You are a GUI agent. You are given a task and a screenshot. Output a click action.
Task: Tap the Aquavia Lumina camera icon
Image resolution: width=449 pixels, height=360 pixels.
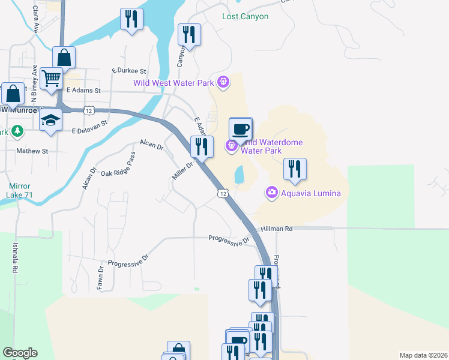point(271,193)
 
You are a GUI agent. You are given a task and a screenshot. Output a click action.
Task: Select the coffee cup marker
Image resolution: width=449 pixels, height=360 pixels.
point(241,130)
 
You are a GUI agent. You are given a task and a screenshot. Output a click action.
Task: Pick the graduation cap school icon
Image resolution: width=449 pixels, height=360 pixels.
point(51,121)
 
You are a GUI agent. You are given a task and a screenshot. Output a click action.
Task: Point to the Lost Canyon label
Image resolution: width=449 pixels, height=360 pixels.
point(245,17)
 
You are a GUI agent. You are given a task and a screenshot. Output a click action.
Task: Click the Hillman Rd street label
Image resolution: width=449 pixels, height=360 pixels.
point(277,229)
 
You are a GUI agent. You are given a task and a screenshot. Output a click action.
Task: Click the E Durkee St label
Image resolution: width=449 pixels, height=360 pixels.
point(129,71)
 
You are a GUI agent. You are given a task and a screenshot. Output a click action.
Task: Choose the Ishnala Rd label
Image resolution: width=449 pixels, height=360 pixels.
point(13,258)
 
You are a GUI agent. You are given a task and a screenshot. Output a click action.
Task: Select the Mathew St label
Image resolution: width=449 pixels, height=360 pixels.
point(32,151)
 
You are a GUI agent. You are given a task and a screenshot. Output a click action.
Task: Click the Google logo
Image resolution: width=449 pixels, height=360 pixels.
point(20,353)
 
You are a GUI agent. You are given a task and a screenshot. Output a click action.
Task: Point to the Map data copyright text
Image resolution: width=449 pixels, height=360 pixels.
point(423,355)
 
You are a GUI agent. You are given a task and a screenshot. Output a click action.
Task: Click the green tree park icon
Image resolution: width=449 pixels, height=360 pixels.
point(17,131)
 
